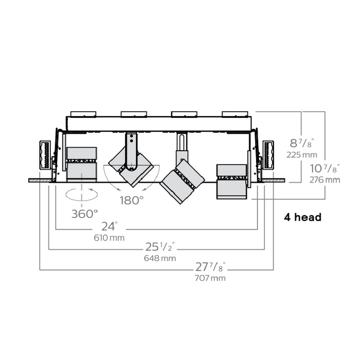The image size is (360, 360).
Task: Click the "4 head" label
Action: pyautogui.click(x=302, y=217)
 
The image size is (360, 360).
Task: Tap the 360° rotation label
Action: pyautogui.click(x=84, y=214)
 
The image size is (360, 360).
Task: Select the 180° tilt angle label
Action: pyautogui.click(x=132, y=201)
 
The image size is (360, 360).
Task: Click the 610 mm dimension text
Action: pyautogui.click(x=109, y=238)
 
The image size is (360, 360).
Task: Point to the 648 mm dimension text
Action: pyautogui.click(x=160, y=258)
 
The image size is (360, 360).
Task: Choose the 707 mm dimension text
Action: pyautogui.click(x=210, y=278)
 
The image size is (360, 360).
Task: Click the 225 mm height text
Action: pyautogui.click(x=302, y=155)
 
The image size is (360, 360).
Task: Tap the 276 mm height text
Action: pyautogui.click(x=325, y=180)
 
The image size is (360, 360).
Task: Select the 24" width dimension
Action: pyautogui.click(x=109, y=226)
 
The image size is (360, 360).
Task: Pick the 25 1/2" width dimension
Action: pyautogui.click(x=160, y=247)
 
